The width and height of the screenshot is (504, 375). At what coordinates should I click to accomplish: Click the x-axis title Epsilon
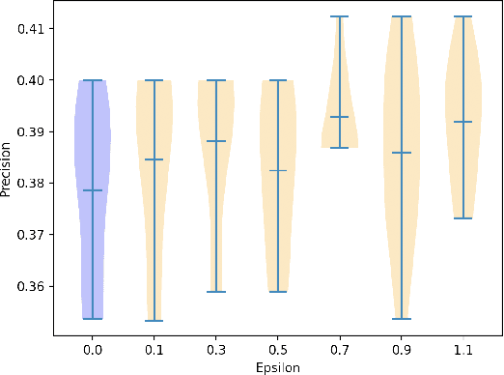pyautogui.click(x=278, y=367)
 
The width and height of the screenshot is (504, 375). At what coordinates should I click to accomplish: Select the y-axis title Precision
pyautogui.click(x=8, y=169)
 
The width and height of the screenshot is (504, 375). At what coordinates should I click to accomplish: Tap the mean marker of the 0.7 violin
pyautogui.click(x=340, y=117)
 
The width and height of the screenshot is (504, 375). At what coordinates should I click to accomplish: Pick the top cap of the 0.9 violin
pyautogui.click(x=402, y=16)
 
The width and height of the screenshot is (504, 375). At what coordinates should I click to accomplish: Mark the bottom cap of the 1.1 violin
pyautogui.click(x=463, y=218)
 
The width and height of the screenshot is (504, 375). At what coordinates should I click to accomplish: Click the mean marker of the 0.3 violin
pyautogui.click(x=216, y=141)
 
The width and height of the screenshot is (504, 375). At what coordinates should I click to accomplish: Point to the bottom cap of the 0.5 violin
pyautogui.click(x=278, y=291)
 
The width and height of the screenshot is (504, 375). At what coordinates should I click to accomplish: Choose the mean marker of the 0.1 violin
pyautogui.click(x=154, y=159)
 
